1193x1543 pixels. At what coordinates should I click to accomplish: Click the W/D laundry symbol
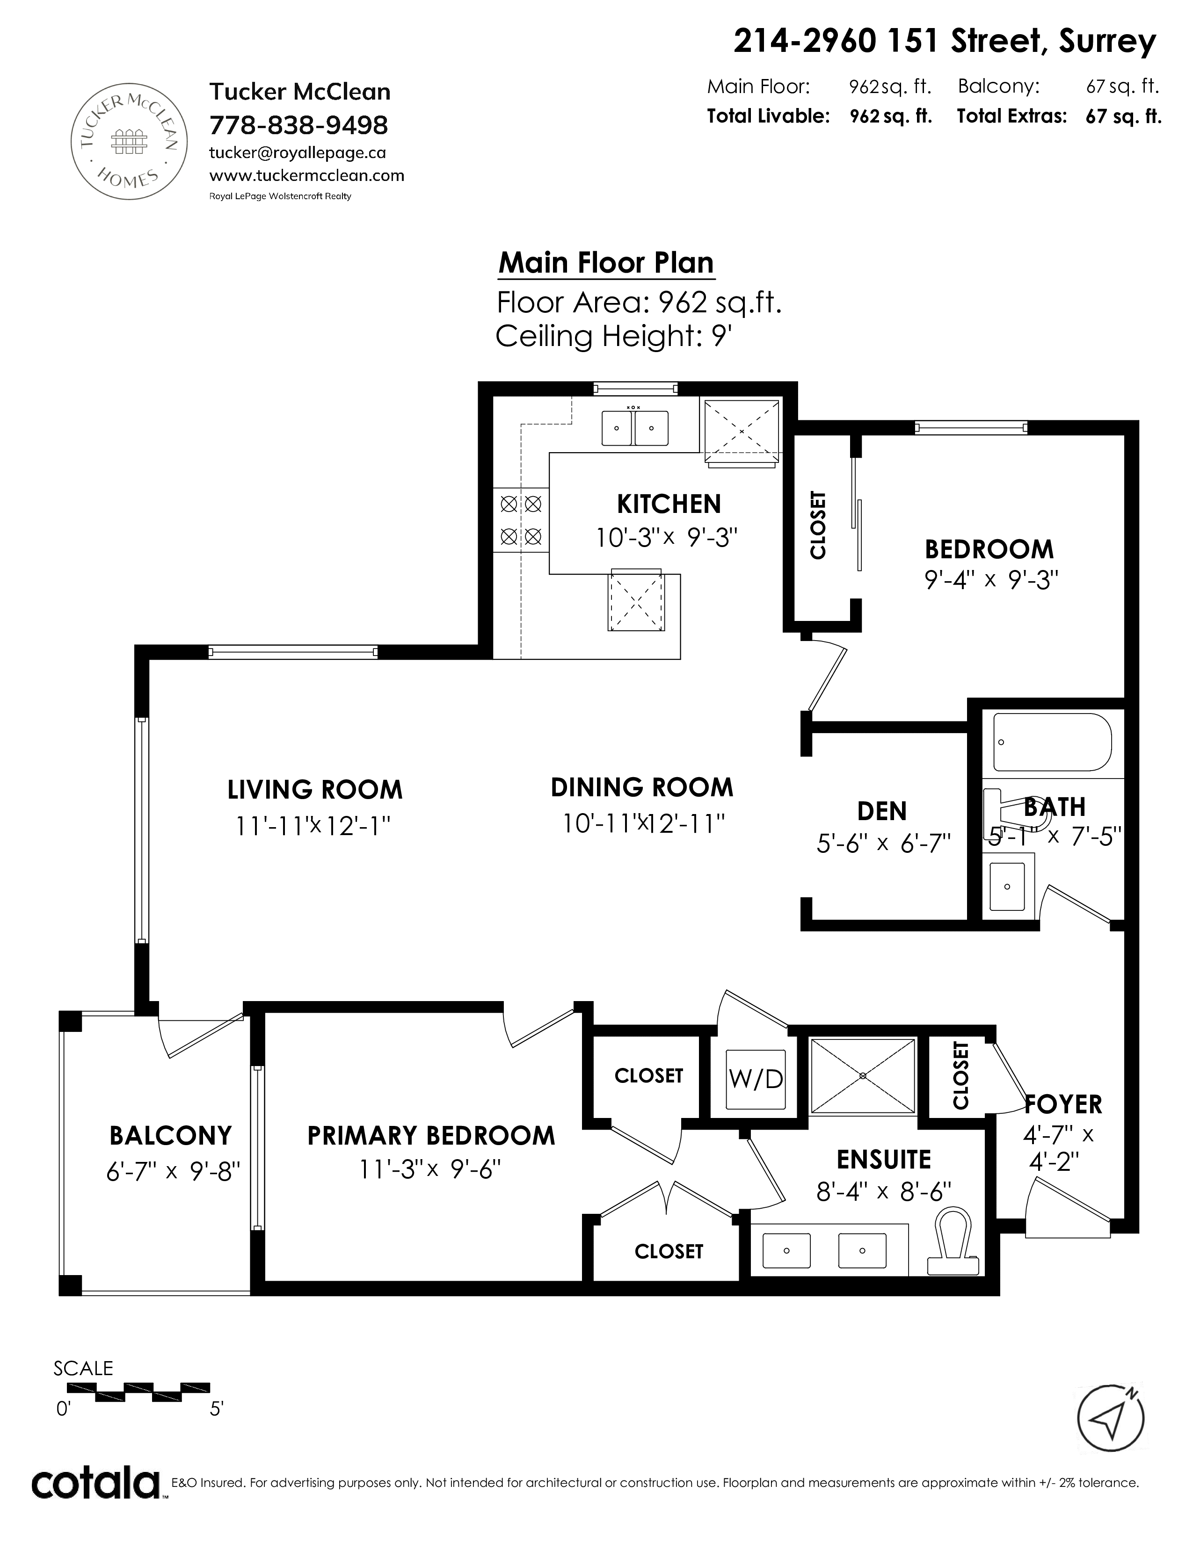point(756,1079)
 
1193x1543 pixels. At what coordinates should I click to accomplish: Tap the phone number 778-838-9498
point(299,126)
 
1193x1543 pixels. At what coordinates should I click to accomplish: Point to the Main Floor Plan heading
point(606,263)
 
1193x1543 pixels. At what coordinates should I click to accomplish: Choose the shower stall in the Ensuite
point(862,1075)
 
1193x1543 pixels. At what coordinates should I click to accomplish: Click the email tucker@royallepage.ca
point(298,152)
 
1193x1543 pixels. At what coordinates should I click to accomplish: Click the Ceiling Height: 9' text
point(612,336)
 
